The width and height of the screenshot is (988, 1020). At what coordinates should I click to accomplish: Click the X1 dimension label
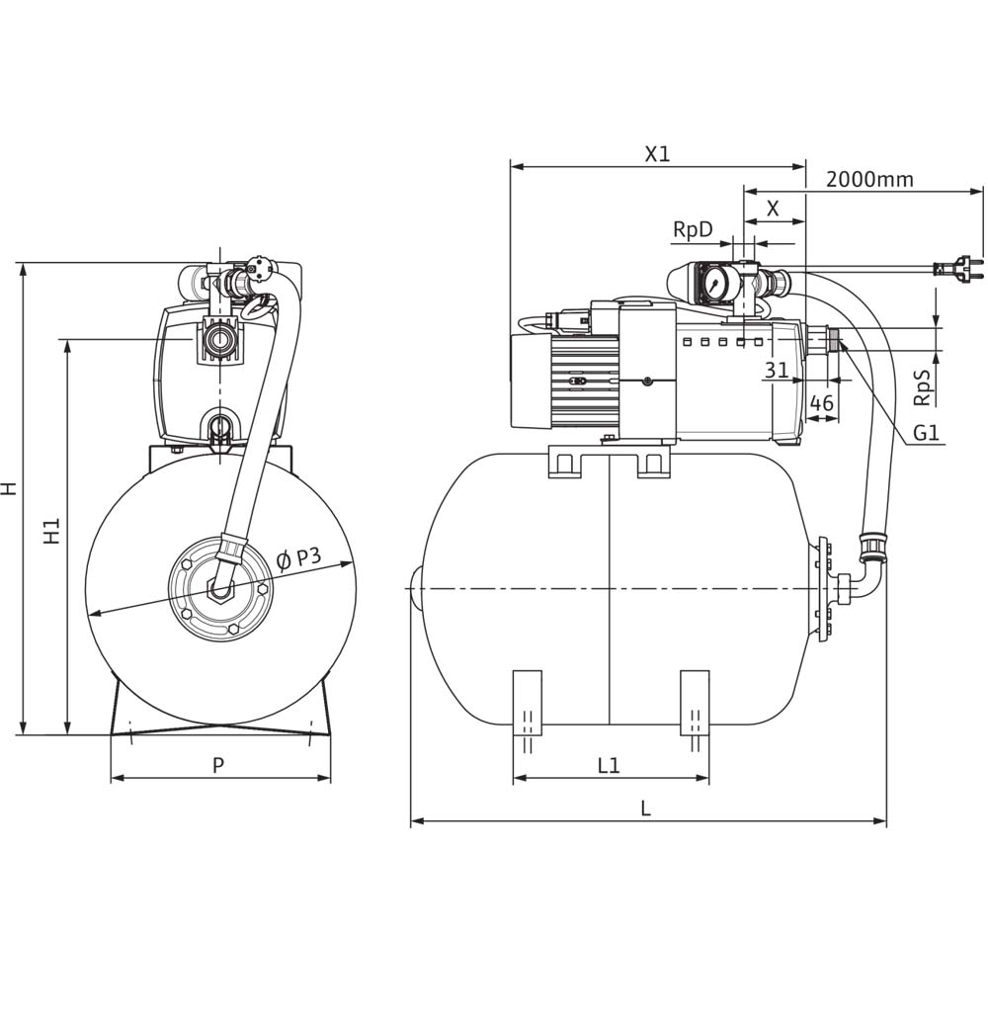pyautogui.click(x=657, y=154)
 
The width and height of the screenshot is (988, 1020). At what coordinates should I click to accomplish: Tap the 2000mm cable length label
pyautogui.click(x=869, y=179)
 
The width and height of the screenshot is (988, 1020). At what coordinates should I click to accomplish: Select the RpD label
pyautogui.click(x=693, y=229)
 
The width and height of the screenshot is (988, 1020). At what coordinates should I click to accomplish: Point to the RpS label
pyautogui.click(x=923, y=387)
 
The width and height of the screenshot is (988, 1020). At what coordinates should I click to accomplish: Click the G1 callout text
pyautogui.click(x=926, y=432)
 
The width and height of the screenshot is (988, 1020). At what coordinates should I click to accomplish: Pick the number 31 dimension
pyautogui.click(x=777, y=371)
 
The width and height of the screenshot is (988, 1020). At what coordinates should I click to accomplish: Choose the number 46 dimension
pyautogui.click(x=821, y=403)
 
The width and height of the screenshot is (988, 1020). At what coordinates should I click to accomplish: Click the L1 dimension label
pyautogui.click(x=609, y=765)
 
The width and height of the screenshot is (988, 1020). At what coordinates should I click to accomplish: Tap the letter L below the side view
pyautogui.click(x=645, y=808)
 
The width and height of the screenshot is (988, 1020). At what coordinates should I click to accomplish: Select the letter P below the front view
pyautogui.click(x=218, y=765)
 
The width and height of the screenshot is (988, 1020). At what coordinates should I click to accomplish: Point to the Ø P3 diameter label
pyautogui.click(x=298, y=559)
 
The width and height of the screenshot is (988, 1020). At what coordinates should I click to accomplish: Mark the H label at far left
pyautogui.click(x=9, y=488)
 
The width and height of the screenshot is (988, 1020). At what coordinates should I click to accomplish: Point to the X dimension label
pyautogui.click(x=774, y=209)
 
